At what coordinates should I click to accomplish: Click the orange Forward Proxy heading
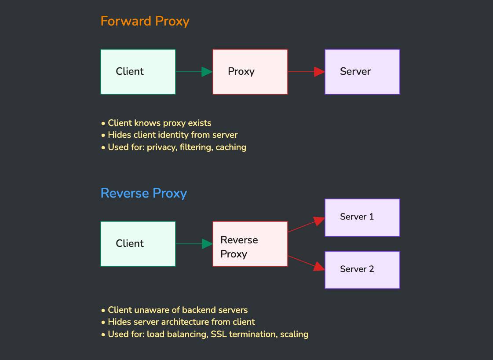(x=145, y=21)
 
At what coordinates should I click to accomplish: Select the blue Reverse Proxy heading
(x=144, y=193)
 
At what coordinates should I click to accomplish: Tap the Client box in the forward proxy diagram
(x=138, y=72)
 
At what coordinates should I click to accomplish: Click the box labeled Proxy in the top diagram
(x=250, y=72)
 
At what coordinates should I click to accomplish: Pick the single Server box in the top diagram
(x=362, y=72)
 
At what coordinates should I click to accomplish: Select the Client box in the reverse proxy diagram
(x=138, y=244)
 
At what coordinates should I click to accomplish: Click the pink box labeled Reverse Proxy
(x=250, y=244)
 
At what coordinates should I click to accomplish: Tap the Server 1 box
(x=362, y=217)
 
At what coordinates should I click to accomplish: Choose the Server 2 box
(x=362, y=270)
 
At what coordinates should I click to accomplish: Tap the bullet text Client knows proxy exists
(x=159, y=123)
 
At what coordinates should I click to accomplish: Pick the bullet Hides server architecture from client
(x=181, y=322)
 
